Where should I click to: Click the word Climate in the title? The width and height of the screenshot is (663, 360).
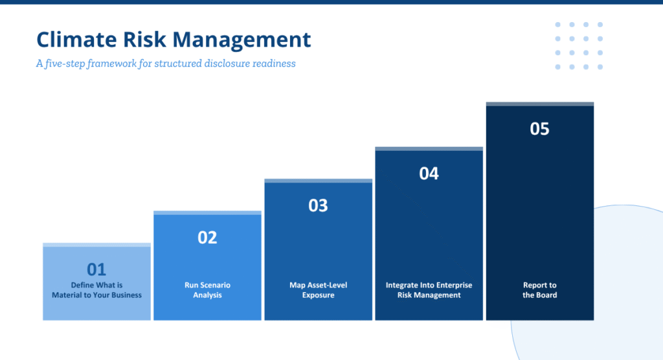click(x=76, y=39)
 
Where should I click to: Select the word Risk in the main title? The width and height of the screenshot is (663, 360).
click(x=144, y=39)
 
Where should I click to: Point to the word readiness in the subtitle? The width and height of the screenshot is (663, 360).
click(x=274, y=63)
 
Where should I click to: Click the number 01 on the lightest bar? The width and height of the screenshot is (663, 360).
click(x=96, y=269)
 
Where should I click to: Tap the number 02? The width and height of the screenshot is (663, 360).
click(x=207, y=238)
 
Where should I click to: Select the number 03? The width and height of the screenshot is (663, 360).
click(x=318, y=206)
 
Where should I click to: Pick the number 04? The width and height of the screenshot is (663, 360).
click(x=429, y=174)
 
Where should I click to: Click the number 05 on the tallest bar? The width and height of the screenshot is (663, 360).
click(x=539, y=129)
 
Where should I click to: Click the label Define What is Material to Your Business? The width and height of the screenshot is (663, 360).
click(x=97, y=290)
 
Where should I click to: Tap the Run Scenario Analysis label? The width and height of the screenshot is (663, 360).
click(x=208, y=290)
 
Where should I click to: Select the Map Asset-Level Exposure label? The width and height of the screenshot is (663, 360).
click(x=319, y=290)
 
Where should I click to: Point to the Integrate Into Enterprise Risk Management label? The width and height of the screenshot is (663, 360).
click(x=429, y=290)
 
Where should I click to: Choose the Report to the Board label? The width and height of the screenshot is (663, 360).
click(x=539, y=290)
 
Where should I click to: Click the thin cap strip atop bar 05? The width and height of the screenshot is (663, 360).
click(x=540, y=104)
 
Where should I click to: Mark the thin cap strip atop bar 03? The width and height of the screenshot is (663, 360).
click(x=319, y=181)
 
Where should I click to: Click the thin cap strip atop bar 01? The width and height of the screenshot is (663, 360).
click(x=97, y=245)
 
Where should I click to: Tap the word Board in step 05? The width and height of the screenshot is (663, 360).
click(x=547, y=295)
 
